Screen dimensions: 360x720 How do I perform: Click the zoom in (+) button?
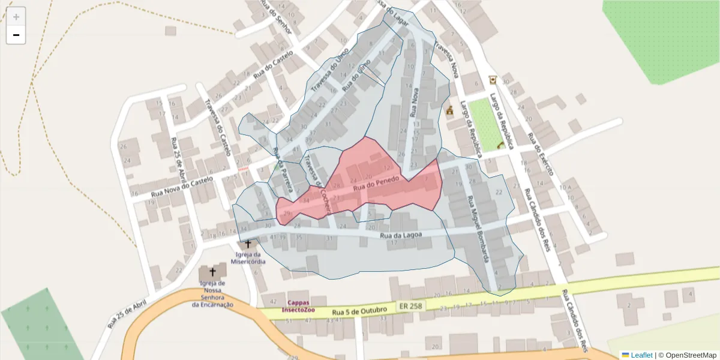16,17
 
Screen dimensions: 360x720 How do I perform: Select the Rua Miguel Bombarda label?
478,230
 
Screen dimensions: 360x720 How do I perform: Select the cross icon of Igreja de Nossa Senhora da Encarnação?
212,272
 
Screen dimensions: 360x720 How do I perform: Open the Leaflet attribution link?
641,355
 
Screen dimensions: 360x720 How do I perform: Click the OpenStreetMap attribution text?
688,355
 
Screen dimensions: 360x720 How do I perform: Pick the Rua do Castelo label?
273,65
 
